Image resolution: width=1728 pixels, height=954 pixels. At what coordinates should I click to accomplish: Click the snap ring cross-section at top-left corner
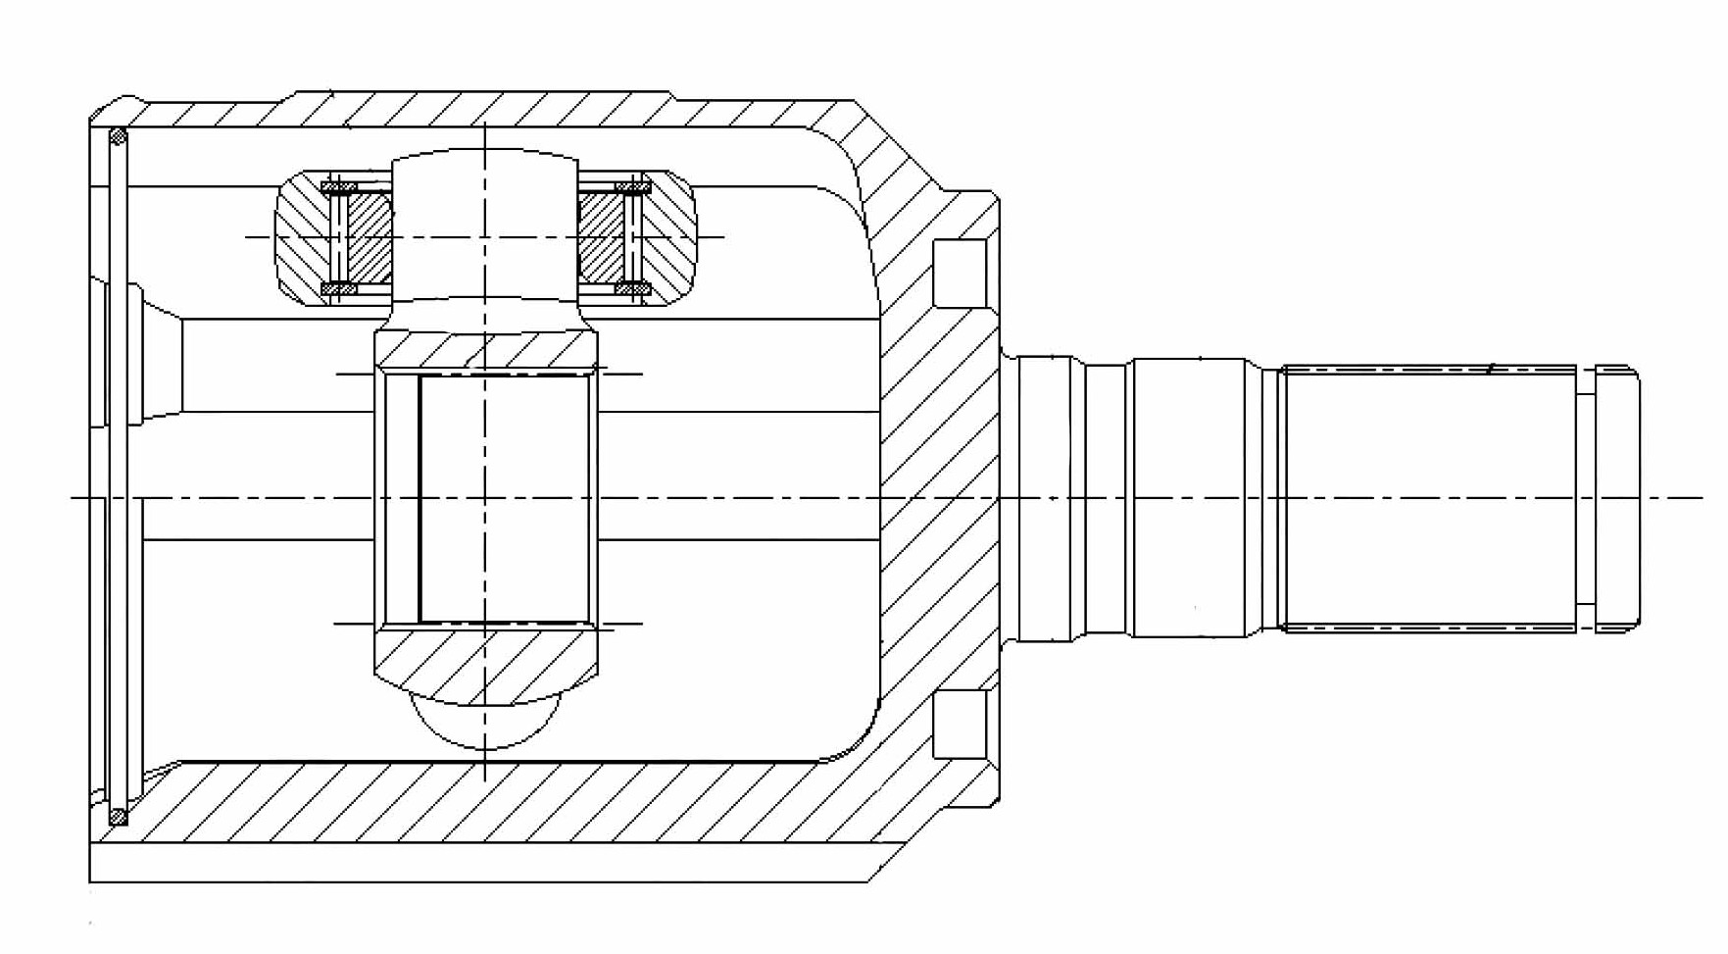click(x=118, y=136)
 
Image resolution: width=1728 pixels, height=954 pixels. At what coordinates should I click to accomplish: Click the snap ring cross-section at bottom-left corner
click(x=118, y=816)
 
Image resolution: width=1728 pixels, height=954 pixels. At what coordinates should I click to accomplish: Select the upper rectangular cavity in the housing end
click(x=959, y=274)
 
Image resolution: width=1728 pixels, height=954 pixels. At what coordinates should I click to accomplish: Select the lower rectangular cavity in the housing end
click(x=959, y=724)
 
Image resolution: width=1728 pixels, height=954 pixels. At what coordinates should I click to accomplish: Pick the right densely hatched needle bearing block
click(x=599, y=238)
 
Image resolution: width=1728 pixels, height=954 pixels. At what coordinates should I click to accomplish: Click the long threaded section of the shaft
click(x=1429, y=498)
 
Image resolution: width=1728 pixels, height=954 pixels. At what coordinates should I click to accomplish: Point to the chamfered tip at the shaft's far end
click(x=1618, y=498)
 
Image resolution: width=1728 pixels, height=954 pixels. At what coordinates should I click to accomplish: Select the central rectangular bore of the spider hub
click(x=505, y=498)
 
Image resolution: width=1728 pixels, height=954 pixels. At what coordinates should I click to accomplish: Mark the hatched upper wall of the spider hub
click(x=485, y=350)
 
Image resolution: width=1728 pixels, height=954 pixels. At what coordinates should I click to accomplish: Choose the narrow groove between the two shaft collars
click(x=1109, y=498)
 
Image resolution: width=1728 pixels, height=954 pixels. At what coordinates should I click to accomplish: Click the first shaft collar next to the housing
click(x=1052, y=498)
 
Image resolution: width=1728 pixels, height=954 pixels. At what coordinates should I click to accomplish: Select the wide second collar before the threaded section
click(x=1190, y=498)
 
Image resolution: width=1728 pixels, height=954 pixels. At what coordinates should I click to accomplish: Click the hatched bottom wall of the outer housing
click(x=490, y=801)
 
